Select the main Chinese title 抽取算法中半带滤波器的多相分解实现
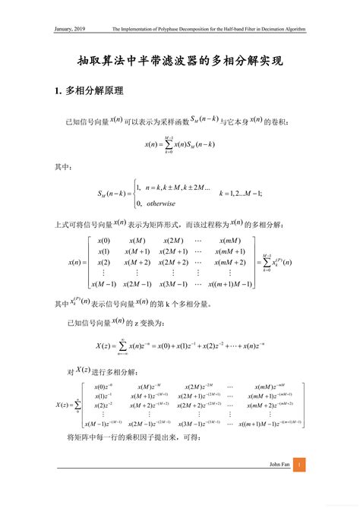tap(180, 60)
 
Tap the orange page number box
tap(299, 465)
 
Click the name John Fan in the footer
tap(279, 465)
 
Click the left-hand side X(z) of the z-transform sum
tap(104, 346)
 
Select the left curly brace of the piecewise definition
tap(131, 194)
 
